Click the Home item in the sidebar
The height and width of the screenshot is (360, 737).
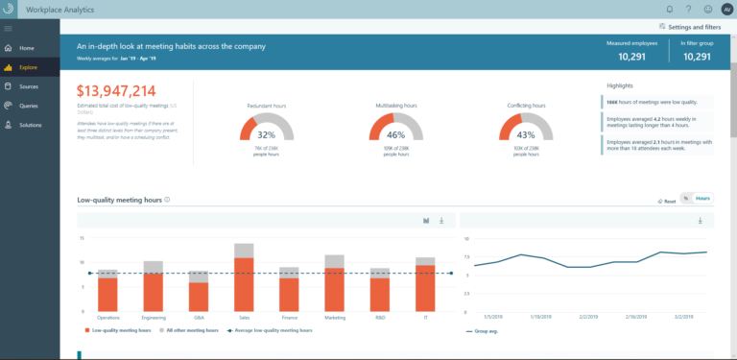pos(26,47)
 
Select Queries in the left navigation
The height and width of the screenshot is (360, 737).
pos(30,106)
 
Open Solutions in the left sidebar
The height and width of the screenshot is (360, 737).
pos(31,125)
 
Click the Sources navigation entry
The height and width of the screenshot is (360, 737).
pos(29,86)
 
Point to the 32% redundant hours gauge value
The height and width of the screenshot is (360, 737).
pos(266,134)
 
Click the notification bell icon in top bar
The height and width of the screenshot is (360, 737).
pos(669,9)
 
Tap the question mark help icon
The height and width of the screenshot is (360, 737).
pos(687,9)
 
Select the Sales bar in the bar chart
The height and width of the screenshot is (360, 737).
pos(244,283)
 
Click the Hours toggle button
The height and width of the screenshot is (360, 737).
pos(703,199)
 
